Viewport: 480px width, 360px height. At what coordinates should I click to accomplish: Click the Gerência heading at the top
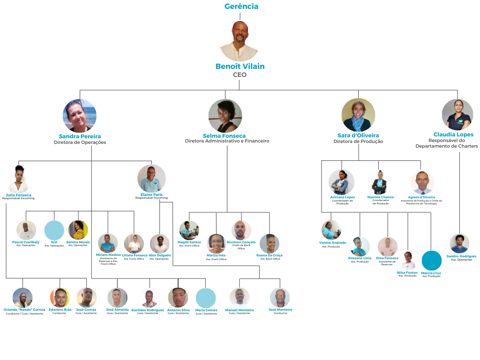[241, 7]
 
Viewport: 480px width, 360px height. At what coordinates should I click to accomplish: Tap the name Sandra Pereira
[80, 136]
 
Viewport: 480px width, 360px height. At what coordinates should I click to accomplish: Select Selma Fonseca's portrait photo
[225, 115]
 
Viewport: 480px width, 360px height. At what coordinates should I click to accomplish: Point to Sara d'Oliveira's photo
[358, 115]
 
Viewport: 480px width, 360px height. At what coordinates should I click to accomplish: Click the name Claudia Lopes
[453, 135]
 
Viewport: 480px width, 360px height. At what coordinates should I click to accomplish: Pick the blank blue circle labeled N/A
[54, 230]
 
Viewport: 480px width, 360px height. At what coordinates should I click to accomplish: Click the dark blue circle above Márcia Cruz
[431, 261]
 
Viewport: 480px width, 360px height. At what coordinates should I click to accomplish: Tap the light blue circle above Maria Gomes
[206, 298]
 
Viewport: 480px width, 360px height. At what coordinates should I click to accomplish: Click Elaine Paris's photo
[151, 179]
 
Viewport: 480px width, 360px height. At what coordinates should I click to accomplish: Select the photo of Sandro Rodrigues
[459, 243]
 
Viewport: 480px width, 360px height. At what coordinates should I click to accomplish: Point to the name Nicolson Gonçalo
[241, 242]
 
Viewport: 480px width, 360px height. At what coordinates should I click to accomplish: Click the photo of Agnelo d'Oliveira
[422, 182]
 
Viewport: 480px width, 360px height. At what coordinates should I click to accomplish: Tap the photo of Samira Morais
[78, 230]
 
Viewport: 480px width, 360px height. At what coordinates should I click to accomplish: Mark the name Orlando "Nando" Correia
[24, 310]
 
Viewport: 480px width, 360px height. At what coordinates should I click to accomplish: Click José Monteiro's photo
[280, 298]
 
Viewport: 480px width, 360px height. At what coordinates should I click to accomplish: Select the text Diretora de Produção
[358, 142]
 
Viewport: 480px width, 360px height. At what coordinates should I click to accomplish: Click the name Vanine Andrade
[332, 243]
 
